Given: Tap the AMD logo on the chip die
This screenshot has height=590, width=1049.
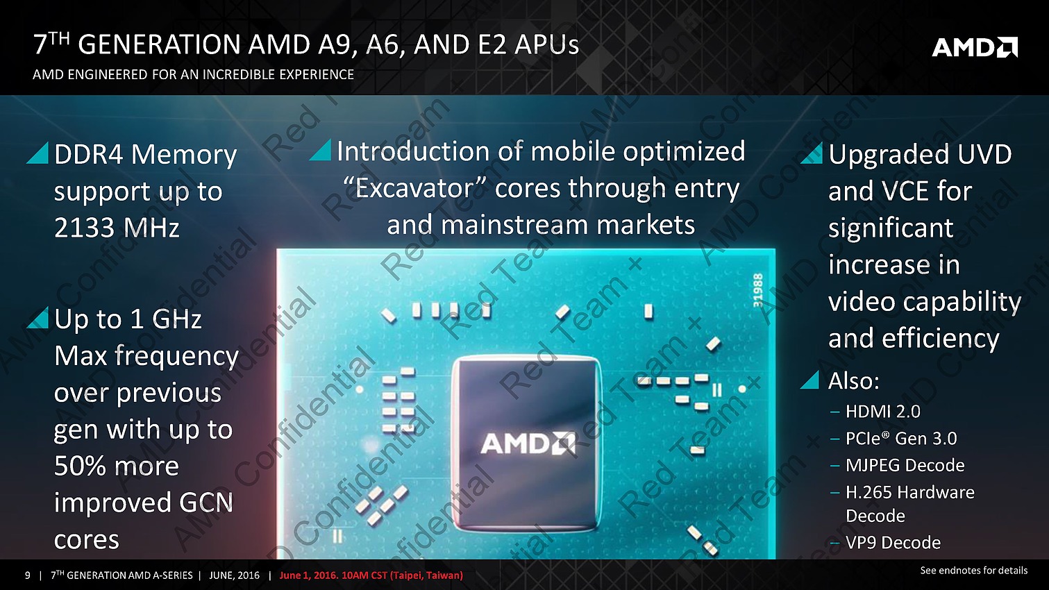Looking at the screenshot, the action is tap(528, 444).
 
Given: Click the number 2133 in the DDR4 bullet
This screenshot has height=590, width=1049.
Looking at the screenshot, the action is tap(83, 228).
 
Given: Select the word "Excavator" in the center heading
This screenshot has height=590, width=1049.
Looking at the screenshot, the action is tap(414, 189).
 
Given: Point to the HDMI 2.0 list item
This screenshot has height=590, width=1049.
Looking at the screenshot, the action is tap(883, 412).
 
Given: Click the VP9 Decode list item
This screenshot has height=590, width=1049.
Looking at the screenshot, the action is tap(893, 543).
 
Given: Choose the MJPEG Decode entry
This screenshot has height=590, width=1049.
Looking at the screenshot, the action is tap(905, 465).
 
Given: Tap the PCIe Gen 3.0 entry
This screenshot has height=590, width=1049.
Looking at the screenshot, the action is tap(902, 438).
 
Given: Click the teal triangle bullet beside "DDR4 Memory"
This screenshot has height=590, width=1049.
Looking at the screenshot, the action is tap(38, 153).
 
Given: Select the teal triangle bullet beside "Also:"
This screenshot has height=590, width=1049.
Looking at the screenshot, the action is tap(809, 380).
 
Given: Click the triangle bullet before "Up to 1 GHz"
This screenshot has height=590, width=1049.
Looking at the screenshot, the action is tap(38, 318).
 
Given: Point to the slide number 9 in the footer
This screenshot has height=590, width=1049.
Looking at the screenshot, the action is tap(28, 575).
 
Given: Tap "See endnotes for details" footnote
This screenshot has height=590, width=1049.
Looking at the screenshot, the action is tap(973, 571).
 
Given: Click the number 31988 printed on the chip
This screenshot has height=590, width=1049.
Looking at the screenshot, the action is tap(758, 291).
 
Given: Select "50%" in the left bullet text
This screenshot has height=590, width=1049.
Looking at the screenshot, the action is tap(80, 466).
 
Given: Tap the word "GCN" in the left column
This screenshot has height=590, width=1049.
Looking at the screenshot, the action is tap(205, 503).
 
